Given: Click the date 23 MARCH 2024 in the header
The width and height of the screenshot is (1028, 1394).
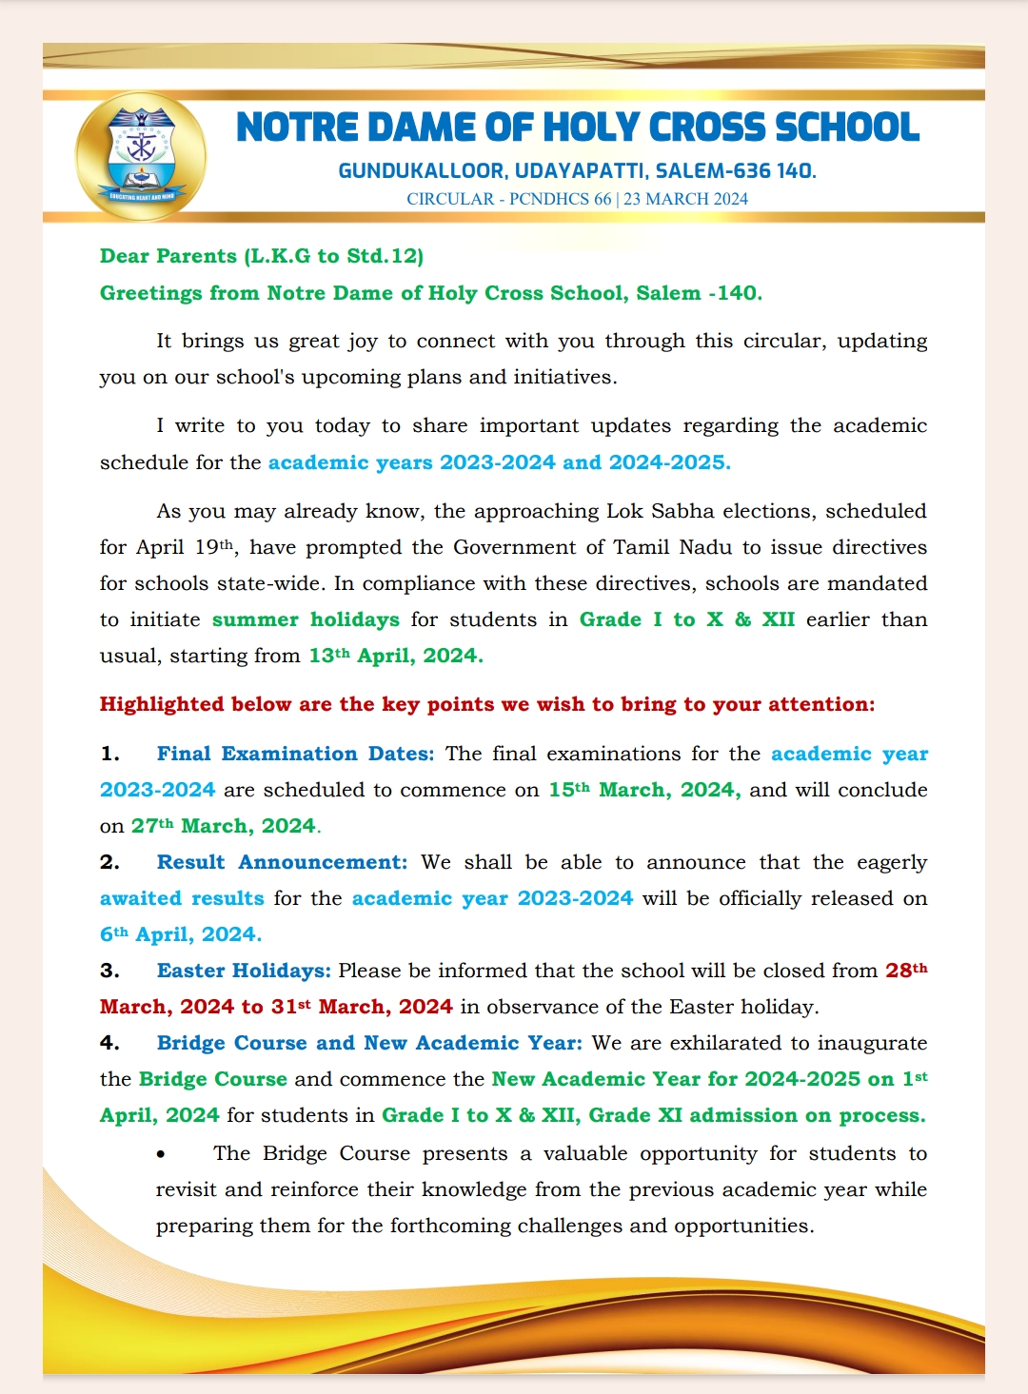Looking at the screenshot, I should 685,199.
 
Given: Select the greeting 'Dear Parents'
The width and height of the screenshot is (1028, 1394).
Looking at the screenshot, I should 168,256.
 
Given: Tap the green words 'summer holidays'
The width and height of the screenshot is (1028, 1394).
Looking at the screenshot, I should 306,619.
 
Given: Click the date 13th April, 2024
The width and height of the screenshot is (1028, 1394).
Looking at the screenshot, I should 396,656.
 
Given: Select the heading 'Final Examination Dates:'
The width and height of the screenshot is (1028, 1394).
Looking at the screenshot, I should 295,754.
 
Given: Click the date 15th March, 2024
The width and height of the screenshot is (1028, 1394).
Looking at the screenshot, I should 643,790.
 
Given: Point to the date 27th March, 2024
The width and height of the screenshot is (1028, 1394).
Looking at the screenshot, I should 224,826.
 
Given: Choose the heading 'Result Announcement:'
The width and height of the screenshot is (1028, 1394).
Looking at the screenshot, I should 282,862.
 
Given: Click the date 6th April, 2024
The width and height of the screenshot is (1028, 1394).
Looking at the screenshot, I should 180,934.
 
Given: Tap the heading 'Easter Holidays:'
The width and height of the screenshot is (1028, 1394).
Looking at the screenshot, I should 244,971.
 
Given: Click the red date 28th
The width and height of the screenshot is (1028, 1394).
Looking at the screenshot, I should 905,971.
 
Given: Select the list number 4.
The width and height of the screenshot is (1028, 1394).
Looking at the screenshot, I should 109,1043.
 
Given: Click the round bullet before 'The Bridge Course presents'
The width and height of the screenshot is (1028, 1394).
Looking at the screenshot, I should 162,1154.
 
